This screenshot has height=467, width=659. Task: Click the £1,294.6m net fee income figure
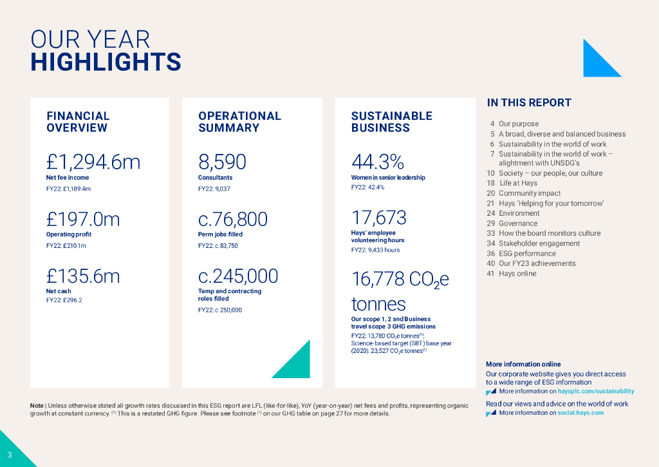click(x=93, y=162)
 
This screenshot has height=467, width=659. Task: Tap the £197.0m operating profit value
click(x=83, y=220)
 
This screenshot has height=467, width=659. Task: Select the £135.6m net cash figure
click(x=83, y=276)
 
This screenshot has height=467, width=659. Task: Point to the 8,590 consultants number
click(x=222, y=162)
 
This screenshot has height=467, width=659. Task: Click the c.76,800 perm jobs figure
click(x=232, y=220)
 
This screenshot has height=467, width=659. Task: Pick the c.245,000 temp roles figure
click(x=238, y=276)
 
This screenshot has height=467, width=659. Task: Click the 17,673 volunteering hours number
click(x=378, y=217)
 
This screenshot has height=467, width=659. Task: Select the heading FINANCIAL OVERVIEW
click(x=78, y=122)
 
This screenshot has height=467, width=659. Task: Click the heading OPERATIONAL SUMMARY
click(x=239, y=122)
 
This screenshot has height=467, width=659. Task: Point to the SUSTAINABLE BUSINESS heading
click(x=391, y=122)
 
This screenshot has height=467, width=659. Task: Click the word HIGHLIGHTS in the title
click(x=106, y=62)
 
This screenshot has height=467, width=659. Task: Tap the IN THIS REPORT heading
click(x=529, y=103)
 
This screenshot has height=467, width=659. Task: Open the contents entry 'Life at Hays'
click(x=518, y=183)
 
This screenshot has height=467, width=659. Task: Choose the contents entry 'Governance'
click(x=518, y=224)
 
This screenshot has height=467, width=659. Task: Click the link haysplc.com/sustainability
click(x=596, y=391)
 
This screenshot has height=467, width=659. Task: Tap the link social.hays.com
click(x=580, y=413)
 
